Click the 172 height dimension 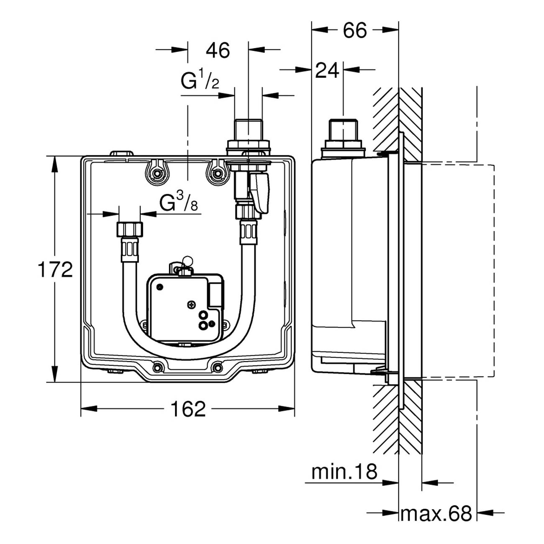point(55,269)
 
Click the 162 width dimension point(188,409)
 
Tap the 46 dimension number point(218,51)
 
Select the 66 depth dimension point(355,30)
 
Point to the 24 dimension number point(327,71)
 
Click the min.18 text point(344,472)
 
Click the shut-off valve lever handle point(259,192)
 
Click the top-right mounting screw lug point(217,172)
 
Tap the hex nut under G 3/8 point(129,230)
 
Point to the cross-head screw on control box point(191,305)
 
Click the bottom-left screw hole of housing point(157,367)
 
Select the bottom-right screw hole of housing point(217,367)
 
